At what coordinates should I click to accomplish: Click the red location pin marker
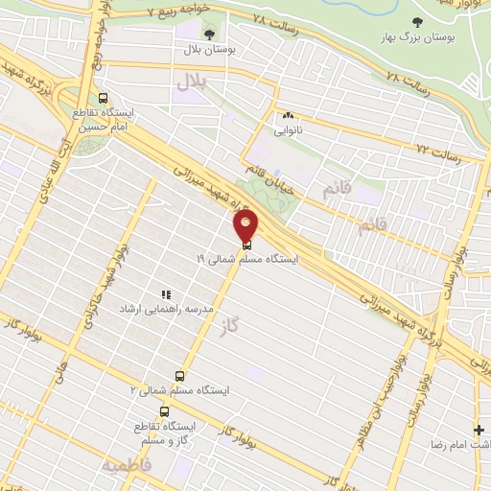click(x=246, y=226)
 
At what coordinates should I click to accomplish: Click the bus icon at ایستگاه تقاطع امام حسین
click(x=103, y=97)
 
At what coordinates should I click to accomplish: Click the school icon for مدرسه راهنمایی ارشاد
click(x=165, y=294)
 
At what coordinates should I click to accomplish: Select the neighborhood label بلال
click(x=191, y=84)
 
